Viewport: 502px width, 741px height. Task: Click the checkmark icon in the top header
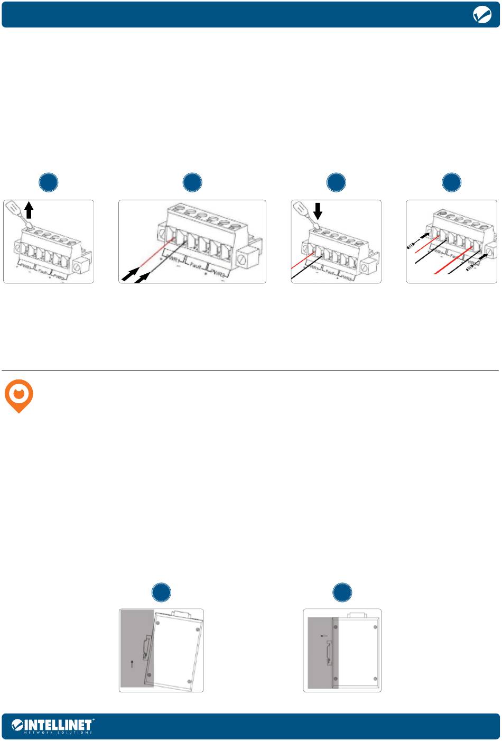(x=481, y=16)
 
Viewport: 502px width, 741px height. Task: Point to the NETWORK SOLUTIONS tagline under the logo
(x=59, y=733)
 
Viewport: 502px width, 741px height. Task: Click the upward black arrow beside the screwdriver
(x=30, y=211)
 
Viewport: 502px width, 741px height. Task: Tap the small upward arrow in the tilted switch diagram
(x=132, y=664)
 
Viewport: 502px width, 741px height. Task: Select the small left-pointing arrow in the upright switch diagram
(x=324, y=636)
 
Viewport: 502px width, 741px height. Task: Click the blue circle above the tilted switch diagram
(x=162, y=592)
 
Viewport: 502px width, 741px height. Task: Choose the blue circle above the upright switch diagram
(x=342, y=592)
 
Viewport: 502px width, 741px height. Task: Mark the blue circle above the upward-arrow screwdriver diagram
(x=49, y=182)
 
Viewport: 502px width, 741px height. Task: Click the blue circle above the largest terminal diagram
(x=192, y=182)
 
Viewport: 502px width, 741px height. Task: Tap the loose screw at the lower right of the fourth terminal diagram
(x=469, y=268)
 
